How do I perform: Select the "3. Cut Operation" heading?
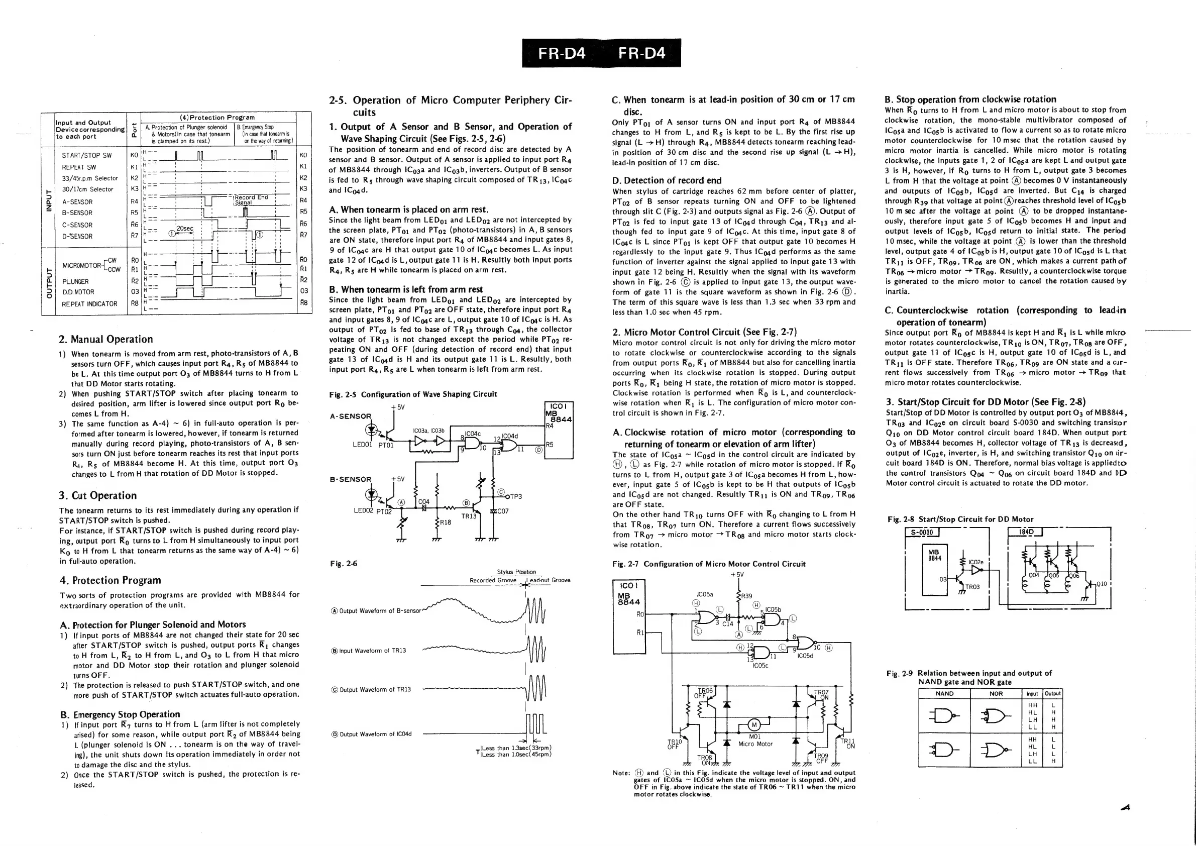[97, 495]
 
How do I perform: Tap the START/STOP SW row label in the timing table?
[86, 155]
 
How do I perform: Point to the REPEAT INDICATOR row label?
[89, 304]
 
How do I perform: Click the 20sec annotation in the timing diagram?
[185, 229]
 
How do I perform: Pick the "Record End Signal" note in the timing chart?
[251, 200]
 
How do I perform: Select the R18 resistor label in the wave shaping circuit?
[446, 522]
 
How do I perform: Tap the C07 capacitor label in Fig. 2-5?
[502, 511]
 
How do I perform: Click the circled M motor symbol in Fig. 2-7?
[754, 724]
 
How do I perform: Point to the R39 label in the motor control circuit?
[746, 596]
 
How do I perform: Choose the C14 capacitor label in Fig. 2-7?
[727, 623]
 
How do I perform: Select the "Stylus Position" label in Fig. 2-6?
[516, 572]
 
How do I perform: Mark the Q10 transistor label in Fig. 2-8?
[1101, 584]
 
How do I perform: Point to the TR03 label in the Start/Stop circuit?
[972, 587]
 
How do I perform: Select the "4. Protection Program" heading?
[111, 580]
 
